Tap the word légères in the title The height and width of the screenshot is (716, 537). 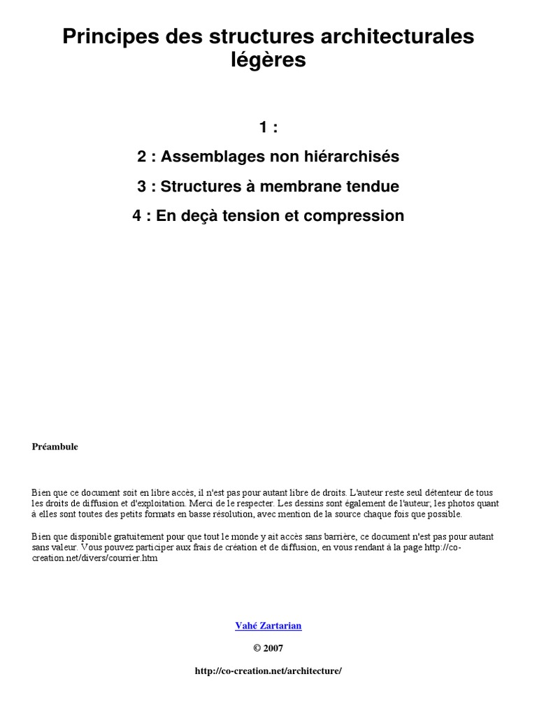pos(268,61)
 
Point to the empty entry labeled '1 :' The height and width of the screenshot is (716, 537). pos(268,127)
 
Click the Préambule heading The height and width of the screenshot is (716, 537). pos(55,447)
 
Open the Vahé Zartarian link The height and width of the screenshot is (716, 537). pos(268,626)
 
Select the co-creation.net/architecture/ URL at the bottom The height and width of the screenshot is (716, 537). pos(268,671)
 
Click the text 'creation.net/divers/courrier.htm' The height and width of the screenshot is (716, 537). pos(94,559)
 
